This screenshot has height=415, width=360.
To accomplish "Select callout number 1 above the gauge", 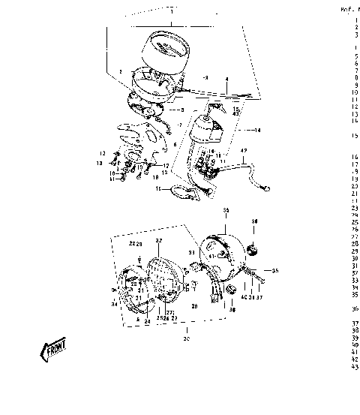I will point(172,14).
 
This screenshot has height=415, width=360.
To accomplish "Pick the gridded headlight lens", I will point(166,279).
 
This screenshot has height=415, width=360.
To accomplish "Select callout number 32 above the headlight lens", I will point(159,240).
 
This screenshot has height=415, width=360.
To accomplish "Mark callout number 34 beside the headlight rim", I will point(113,304).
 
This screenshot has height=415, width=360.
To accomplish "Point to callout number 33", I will point(191,253).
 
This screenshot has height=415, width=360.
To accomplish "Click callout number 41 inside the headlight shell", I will point(212,256).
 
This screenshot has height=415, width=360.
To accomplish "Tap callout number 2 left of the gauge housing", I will point(119,71).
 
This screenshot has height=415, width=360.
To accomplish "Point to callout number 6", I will point(175,144).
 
